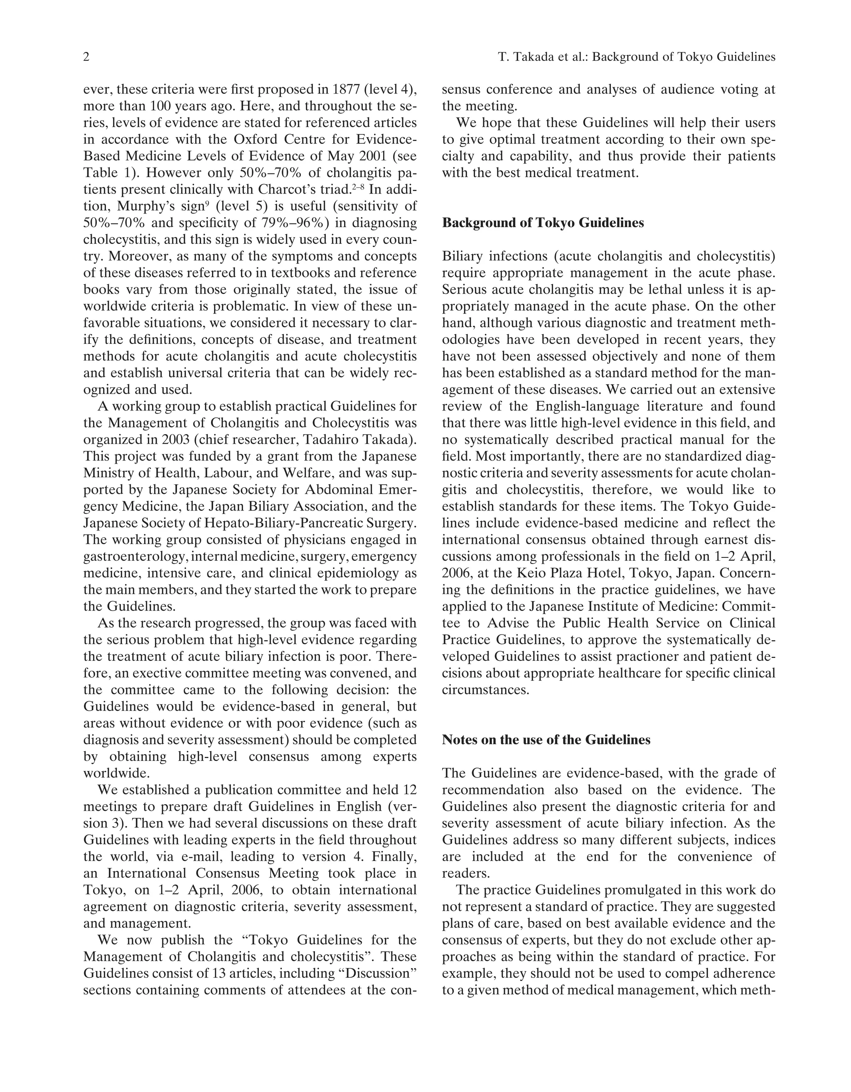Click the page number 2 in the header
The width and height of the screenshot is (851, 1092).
[x=86, y=57]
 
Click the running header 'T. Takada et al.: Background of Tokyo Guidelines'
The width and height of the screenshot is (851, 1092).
[x=636, y=57]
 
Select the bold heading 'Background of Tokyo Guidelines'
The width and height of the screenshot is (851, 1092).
[x=543, y=223]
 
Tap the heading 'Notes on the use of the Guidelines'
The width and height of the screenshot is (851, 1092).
[x=546, y=739]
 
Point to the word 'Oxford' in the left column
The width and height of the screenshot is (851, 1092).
[x=256, y=140]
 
